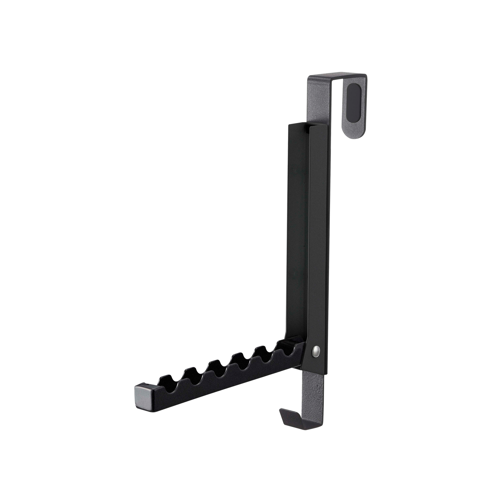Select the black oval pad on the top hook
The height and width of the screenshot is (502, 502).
[354, 102]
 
